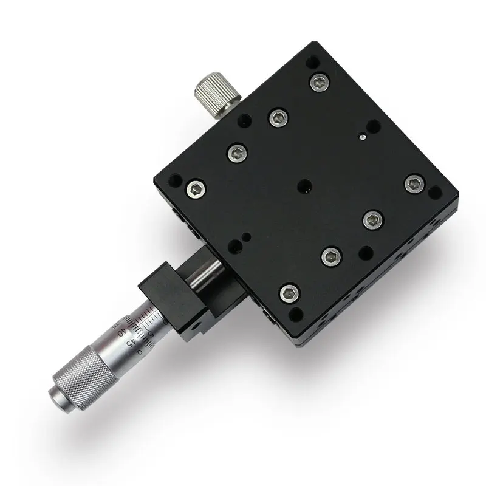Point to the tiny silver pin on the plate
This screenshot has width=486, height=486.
(x=362, y=137)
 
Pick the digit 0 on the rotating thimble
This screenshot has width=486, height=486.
(x=140, y=351)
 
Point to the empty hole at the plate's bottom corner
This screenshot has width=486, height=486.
(x=293, y=315)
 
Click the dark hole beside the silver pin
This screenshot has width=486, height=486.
(x=373, y=126)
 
